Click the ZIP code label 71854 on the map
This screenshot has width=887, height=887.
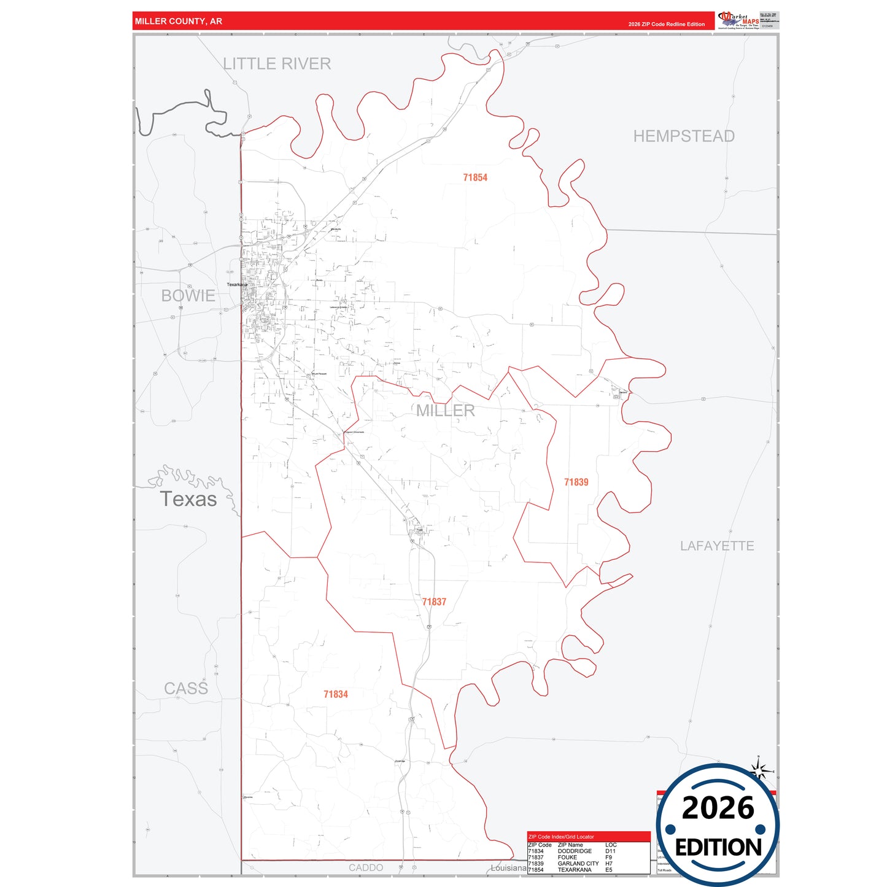475,177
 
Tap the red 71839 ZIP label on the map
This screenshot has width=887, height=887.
576,482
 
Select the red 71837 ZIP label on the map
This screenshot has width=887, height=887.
434,602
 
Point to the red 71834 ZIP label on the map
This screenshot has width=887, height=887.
336,694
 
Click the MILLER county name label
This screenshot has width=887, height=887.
446,411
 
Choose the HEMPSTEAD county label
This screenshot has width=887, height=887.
684,136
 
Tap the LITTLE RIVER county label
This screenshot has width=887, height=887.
277,64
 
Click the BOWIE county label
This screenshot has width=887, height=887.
188,296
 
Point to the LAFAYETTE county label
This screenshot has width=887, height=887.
717,546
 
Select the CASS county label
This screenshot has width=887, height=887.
186,689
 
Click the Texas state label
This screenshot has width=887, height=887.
188,499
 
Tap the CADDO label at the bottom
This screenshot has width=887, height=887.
366,867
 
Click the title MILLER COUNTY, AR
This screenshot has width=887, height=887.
179,21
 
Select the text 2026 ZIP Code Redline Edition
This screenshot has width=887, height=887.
666,25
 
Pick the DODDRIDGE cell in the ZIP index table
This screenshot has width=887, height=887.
575,851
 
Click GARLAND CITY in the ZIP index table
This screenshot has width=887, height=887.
578,864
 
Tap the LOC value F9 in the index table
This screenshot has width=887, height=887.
608,858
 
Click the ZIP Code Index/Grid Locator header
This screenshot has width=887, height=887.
561,837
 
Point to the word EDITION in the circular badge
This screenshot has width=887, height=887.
718,848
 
